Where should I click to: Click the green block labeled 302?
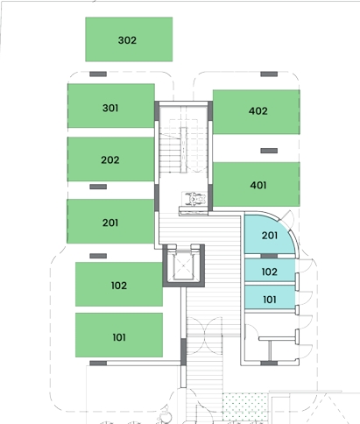[129, 39]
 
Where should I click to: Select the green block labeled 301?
[111, 106]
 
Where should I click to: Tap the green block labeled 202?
[111, 159]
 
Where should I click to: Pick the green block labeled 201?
[110, 221]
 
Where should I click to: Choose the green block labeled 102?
[119, 284]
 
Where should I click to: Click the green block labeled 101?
[119, 335]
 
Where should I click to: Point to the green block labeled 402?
[257, 112]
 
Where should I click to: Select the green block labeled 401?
[257, 184]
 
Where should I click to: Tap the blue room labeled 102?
[270, 271]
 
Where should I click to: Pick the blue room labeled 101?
[270, 297]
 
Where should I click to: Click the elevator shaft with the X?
[183, 265]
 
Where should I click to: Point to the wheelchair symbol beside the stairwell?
[194, 199]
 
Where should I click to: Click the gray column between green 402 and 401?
[269, 151]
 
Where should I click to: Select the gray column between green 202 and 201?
[98, 187]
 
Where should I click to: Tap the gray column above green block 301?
[98, 74]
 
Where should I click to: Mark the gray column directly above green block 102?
[98, 256]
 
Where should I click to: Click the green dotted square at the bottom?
[244, 407]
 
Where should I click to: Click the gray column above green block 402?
[269, 74]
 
